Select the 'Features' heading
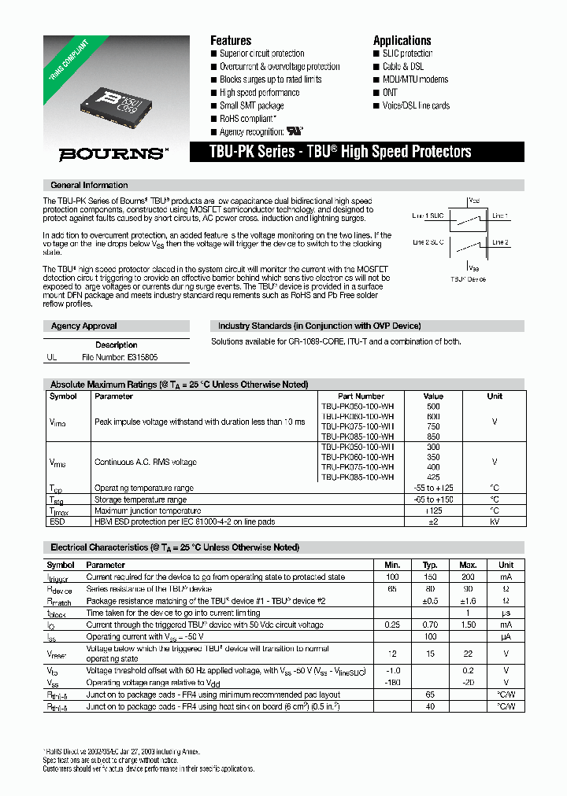(x=231, y=40)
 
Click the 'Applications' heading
(x=402, y=40)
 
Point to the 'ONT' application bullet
(x=391, y=92)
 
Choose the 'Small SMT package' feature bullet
(x=251, y=105)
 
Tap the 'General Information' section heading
(x=89, y=186)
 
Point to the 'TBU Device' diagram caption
(x=468, y=279)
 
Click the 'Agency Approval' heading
(x=83, y=326)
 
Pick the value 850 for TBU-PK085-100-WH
(x=433, y=437)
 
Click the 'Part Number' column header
(x=360, y=396)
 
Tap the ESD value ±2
(x=433, y=521)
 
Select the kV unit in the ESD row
(x=495, y=521)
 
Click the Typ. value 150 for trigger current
(x=430, y=577)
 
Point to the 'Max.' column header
(x=468, y=565)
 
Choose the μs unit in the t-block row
(x=506, y=612)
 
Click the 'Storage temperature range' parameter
(x=140, y=499)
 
